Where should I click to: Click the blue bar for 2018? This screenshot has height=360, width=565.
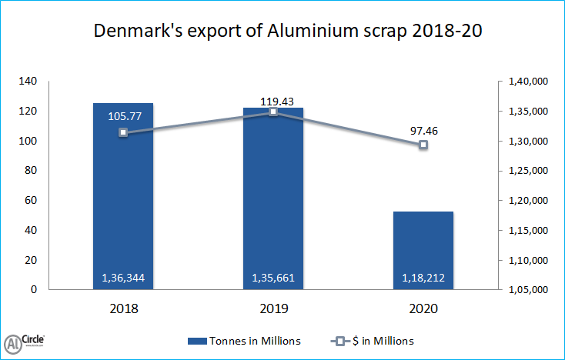tap(123, 196)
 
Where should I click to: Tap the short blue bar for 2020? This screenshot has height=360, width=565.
tap(423, 250)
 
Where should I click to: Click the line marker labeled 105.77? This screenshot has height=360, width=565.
tap(123, 132)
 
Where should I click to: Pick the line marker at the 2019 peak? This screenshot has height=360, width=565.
tap(273, 112)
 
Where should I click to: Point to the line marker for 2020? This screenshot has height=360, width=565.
tap(423, 145)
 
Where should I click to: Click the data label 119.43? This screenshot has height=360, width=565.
tap(273, 100)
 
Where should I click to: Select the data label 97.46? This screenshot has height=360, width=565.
tap(423, 131)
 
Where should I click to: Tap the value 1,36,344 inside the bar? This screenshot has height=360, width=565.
tap(123, 278)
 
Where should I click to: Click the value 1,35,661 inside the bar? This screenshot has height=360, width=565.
tap(273, 278)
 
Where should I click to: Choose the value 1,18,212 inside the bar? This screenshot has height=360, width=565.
tap(423, 278)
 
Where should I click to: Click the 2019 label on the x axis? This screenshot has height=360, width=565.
tap(273, 308)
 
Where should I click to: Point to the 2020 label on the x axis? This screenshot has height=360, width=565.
tap(423, 308)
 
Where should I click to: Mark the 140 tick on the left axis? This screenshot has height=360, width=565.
tap(28, 82)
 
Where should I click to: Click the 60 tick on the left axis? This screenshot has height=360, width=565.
tap(30, 201)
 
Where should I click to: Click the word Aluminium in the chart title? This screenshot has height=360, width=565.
tap(302, 32)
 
